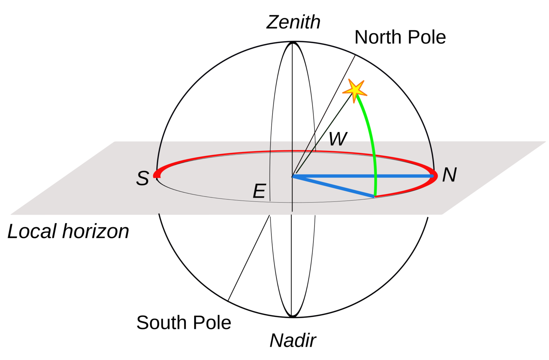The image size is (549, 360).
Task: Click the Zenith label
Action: tap(293, 22)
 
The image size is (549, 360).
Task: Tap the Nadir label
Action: tap(293, 340)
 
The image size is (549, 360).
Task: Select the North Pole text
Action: tap(400, 37)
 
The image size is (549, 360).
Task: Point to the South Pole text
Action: tap(184, 323)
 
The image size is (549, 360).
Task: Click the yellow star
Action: tap(355, 91)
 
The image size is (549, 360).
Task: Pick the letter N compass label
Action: tap(449, 175)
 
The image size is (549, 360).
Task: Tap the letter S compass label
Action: tap(143, 178)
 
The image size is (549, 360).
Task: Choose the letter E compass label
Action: tap(259, 191)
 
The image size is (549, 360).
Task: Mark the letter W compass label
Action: tap(338, 139)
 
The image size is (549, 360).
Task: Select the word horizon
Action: tap(96, 231)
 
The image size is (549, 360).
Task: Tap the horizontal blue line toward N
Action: tap(363, 176)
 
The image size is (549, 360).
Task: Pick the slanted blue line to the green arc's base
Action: tap(333, 186)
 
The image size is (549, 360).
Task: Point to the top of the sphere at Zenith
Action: tap(293, 42)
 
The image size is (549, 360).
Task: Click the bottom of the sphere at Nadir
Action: tap(292, 317)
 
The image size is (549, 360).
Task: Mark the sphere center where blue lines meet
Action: tap(292, 176)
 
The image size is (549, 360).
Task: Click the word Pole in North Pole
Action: tap(425, 37)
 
